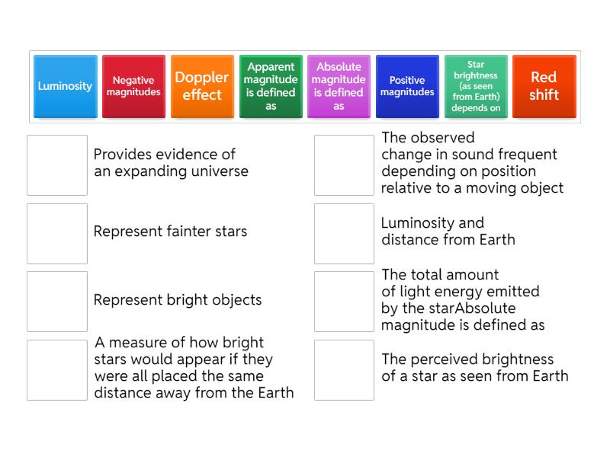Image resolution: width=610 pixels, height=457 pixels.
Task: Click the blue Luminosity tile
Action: tap(65, 86)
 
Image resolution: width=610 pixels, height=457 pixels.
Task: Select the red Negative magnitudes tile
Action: tap(133, 86)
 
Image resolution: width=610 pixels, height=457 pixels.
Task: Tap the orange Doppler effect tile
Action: tap(202, 86)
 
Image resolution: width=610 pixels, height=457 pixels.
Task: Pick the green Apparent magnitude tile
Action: tap(271, 86)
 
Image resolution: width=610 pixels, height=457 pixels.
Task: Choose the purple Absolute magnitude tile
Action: tap(339, 86)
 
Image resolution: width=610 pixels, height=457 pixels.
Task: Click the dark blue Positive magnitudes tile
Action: tap(407, 86)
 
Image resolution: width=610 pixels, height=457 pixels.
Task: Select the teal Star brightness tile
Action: tap(476, 86)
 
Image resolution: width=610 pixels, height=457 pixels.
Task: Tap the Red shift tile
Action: tap(544, 86)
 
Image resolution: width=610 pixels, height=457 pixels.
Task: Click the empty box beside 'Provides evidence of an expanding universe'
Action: tap(57, 165)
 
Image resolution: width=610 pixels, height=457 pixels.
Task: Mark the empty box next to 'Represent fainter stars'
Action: tap(57, 233)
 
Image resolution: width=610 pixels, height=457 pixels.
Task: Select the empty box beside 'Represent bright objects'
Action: tap(57, 301)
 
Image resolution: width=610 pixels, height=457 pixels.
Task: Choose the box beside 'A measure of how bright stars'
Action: tap(57, 369)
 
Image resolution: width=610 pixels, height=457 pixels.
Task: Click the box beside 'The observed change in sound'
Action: tap(345, 165)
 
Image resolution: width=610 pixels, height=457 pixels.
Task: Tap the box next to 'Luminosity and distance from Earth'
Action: tap(345, 233)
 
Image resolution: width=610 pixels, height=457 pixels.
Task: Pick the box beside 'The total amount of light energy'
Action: tap(345, 301)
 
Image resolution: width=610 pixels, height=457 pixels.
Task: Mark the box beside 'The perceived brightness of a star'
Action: tap(345, 369)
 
